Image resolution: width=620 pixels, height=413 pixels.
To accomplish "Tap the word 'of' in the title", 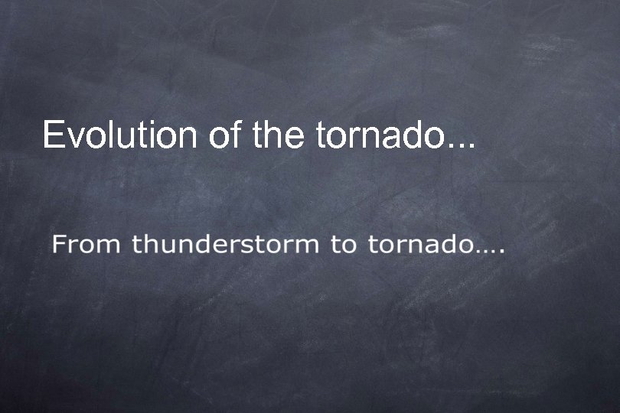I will (225, 135).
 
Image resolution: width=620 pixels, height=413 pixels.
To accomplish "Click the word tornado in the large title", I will (380, 136).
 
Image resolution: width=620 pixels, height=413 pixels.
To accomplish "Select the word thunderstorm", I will (225, 246).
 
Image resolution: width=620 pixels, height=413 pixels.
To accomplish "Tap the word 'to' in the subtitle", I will (342, 246).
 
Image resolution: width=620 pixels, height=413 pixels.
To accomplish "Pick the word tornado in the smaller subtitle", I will (418, 246).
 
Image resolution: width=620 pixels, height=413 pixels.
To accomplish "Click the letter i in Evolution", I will (152, 135).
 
